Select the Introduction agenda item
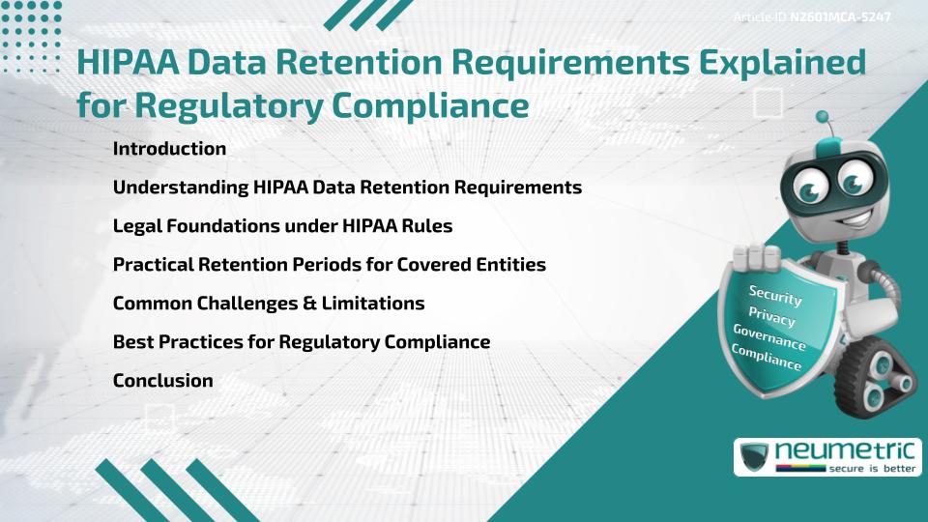169,149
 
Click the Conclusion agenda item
162,381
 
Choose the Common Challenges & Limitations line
269,304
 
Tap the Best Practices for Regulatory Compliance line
302,342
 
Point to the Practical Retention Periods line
330,265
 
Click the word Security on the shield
776,295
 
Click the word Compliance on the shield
767,359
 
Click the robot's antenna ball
824,117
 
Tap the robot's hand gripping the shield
760,257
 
